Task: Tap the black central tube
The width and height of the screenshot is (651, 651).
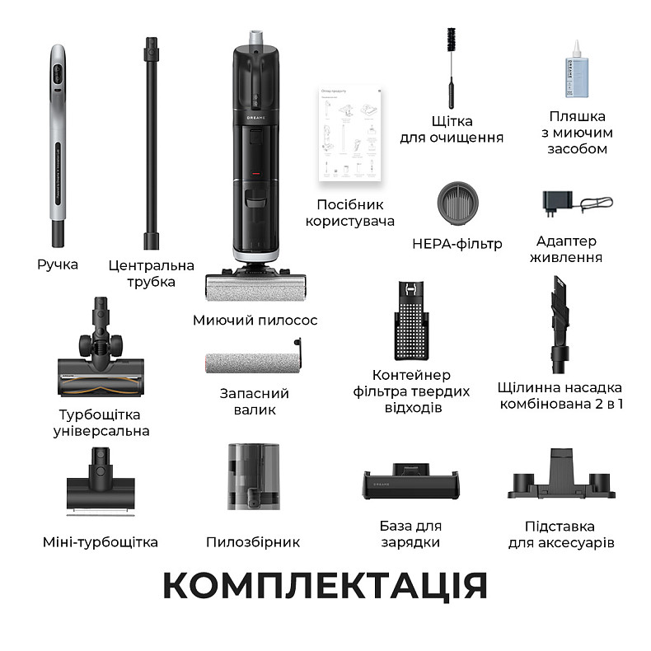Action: pyautogui.click(x=151, y=140)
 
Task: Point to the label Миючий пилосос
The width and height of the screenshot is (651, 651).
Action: pyautogui.click(x=255, y=320)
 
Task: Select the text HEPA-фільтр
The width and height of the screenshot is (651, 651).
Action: pyautogui.click(x=457, y=243)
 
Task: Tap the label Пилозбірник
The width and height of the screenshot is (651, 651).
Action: pyautogui.click(x=253, y=542)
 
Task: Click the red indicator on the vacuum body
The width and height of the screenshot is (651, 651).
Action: pyautogui.click(x=255, y=174)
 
